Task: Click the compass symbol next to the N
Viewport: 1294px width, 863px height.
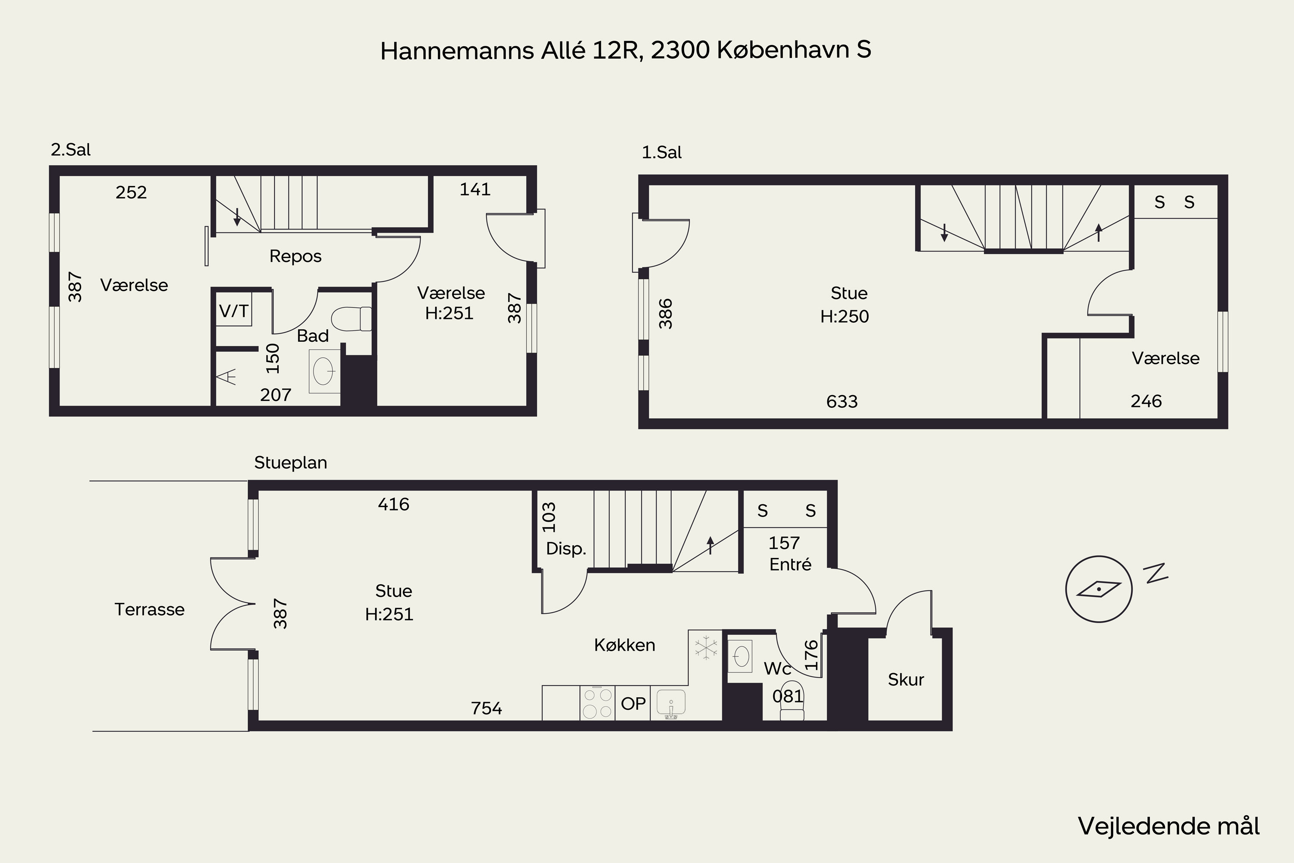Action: pos(1099,589)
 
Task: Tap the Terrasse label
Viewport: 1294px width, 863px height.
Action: pos(150,609)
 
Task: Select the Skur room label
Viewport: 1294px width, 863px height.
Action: pos(905,680)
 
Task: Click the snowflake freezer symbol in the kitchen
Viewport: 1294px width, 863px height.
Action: pos(706,647)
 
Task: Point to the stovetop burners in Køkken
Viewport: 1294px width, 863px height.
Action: pos(597,703)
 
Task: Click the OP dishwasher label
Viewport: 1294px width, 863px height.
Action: pos(633,703)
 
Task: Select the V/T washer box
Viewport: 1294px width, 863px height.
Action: pos(234,311)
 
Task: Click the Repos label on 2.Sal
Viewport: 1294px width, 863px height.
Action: pos(295,256)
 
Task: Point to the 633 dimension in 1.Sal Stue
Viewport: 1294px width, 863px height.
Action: pos(842,402)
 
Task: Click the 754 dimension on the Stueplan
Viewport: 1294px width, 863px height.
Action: pos(487,709)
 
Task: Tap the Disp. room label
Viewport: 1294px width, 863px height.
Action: pos(566,549)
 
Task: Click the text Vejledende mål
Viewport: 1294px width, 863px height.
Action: pos(1168,826)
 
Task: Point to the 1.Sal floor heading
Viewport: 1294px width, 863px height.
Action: pos(661,152)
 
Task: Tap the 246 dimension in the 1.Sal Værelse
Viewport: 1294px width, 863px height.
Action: pos(1146,401)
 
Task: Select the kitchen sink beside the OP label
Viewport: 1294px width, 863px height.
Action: pos(671,704)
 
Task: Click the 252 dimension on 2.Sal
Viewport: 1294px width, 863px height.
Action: pos(131,192)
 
